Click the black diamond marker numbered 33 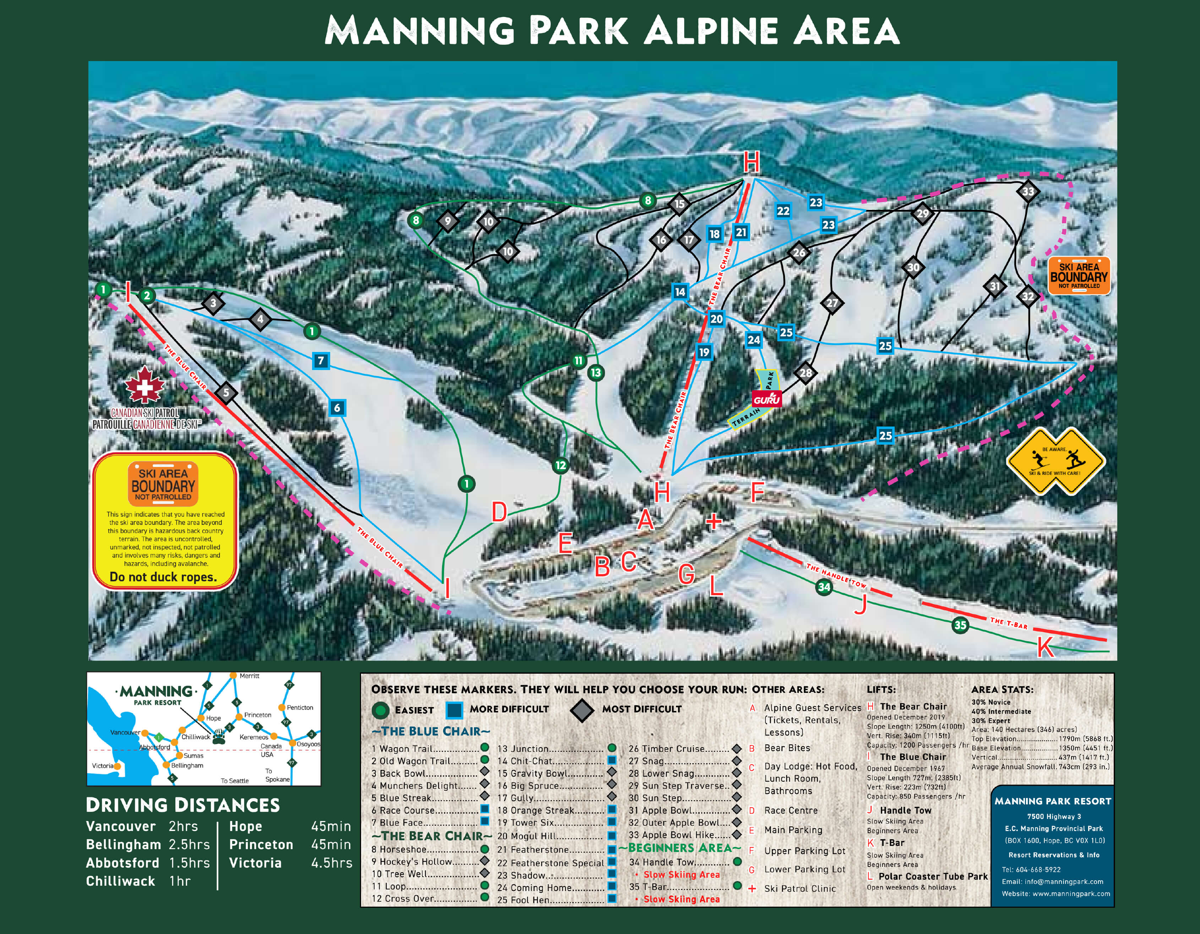click(x=1027, y=191)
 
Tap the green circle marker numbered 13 click(x=596, y=373)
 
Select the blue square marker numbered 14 click(x=680, y=292)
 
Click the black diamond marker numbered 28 click(x=806, y=373)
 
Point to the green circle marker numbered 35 click(x=960, y=625)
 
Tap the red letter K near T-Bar click(x=1045, y=648)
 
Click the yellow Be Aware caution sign click(x=1055, y=461)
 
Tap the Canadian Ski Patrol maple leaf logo click(x=144, y=385)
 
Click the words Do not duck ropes click(x=163, y=577)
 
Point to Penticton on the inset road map click(x=300, y=707)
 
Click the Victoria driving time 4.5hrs click(x=331, y=863)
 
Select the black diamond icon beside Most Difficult click(x=582, y=710)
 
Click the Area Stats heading click(x=1002, y=689)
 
